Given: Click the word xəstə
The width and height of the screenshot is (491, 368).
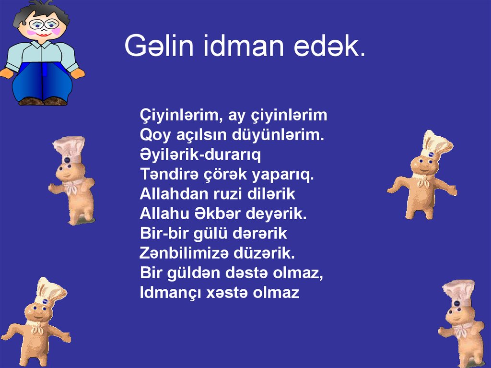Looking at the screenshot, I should coord(227,293).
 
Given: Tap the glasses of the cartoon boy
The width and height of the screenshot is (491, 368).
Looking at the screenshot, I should coord(44,24).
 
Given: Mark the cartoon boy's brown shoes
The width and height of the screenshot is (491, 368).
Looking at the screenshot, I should coord(43,101).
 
